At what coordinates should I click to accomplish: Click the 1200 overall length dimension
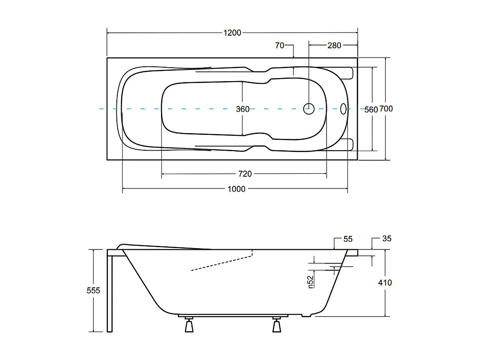coord(232,32)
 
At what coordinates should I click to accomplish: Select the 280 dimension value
coord(334,45)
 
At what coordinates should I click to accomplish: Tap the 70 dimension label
coord(280,45)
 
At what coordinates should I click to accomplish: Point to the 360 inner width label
coord(243,109)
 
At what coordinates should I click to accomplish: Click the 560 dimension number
coord(370,109)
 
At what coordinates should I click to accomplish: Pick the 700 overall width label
coord(386,109)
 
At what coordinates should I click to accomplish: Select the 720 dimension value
coord(245,174)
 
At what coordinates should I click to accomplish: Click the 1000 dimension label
coord(236,189)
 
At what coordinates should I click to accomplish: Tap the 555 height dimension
coord(93,291)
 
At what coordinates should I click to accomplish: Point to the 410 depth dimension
coord(385,283)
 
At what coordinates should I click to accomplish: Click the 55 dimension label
coord(348,239)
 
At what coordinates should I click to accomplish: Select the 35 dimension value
coord(387,239)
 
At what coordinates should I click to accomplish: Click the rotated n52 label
coord(310,282)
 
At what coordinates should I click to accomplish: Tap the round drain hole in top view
coord(309,108)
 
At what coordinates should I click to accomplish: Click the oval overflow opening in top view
coord(344,109)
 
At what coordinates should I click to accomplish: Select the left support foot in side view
coord(188,325)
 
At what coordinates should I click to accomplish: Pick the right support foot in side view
coord(277,325)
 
